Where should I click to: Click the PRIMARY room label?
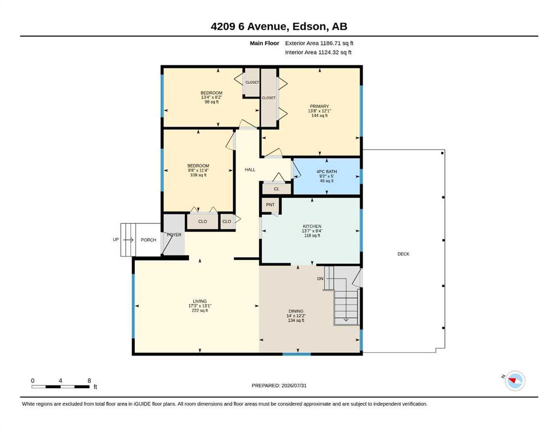click(x=319, y=106)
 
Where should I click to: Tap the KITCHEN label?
click(x=312, y=226)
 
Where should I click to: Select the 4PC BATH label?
click(x=326, y=172)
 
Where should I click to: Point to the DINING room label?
click(x=296, y=311)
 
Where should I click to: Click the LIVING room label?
click(x=199, y=301)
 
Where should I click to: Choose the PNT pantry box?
click(x=270, y=205)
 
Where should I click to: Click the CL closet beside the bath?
click(x=276, y=189)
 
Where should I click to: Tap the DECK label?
click(x=403, y=254)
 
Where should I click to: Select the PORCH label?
click(x=148, y=240)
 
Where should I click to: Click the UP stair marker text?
click(x=116, y=239)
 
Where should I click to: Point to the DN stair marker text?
click(x=320, y=278)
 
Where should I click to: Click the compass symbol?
click(x=515, y=381)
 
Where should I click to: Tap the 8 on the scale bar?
click(x=89, y=380)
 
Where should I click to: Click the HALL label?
click(x=250, y=169)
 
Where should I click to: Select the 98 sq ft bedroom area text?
click(x=211, y=102)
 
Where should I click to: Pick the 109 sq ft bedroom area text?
click(x=198, y=175)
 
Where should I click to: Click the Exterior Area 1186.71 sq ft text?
click(x=319, y=43)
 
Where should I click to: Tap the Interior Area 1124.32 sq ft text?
click(x=318, y=52)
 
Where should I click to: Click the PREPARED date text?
click(x=279, y=385)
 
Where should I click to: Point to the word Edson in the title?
click(x=309, y=26)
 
